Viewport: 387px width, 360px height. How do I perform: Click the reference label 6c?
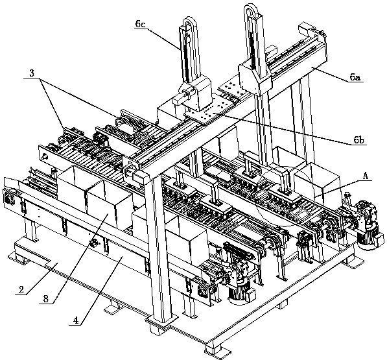140,24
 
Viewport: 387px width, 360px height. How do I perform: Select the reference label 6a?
355,77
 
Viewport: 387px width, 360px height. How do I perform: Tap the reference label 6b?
358,140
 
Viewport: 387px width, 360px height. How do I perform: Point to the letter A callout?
366,176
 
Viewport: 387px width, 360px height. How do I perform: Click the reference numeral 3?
32,73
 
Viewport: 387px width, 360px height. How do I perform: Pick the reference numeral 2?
21,290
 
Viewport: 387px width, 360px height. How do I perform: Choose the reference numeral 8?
46,299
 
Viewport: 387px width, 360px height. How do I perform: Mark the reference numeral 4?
76,320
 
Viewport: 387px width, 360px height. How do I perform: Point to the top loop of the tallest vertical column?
252,11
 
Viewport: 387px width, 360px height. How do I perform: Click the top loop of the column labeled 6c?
189,23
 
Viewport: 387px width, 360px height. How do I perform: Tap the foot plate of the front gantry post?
161,320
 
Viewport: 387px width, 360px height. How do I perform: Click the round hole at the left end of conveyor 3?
45,156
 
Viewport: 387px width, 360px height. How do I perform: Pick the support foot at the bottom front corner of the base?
214,349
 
